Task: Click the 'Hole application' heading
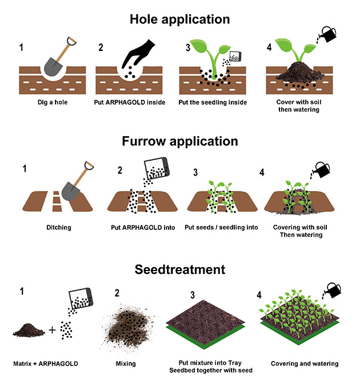(180, 19)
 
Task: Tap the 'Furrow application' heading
(180, 141)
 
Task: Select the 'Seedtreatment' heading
(180, 269)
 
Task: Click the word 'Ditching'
(59, 228)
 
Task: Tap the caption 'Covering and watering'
(304, 364)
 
